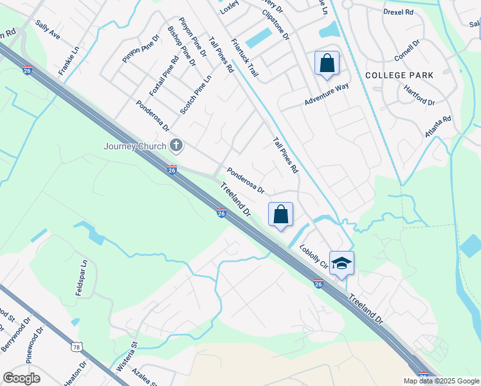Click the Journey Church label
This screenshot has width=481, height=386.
[135, 146]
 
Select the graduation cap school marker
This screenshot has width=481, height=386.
[342, 262]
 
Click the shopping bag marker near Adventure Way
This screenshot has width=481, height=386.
[327, 64]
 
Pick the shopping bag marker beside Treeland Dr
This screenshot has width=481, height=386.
[280, 215]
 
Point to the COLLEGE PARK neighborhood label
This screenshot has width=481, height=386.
[399, 75]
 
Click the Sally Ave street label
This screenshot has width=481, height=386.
[48, 30]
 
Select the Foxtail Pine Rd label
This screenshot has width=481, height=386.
[163, 76]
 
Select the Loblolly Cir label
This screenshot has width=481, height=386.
[314, 255]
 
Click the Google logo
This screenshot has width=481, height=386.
[21, 378]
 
